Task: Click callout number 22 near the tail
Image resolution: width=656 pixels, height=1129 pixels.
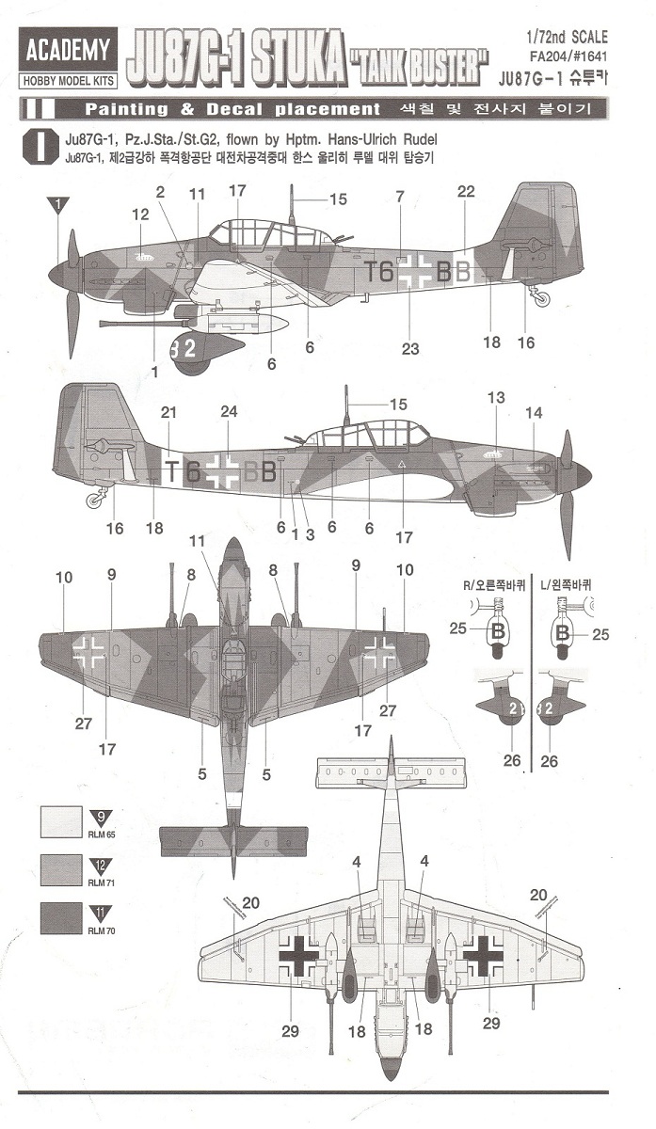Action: tap(467, 192)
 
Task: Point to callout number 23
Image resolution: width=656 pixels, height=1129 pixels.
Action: tap(409, 348)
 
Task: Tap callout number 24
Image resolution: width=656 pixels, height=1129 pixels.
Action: tap(229, 411)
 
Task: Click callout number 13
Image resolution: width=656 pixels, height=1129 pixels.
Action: tap(497, 398)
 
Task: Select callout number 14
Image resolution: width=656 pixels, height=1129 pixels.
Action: tap(534, 412)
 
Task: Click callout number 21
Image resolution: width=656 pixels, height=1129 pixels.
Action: tap(168, 412)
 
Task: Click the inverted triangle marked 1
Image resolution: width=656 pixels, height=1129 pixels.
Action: tap(59, 203)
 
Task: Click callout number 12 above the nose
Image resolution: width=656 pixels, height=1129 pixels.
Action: tap(140, 215)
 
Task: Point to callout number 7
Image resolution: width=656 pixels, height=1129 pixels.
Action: tap(400, 197)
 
